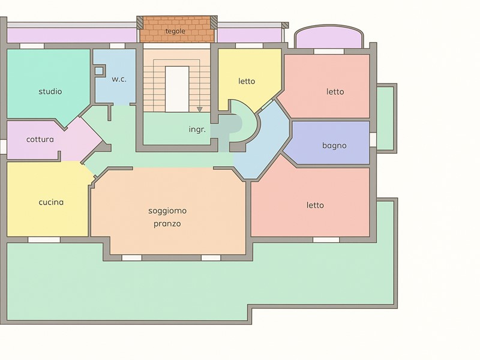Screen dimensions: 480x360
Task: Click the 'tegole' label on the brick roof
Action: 175,31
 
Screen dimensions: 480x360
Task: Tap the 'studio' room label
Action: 50,92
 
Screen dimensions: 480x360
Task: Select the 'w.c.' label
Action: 119,79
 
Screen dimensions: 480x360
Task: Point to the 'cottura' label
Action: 40,140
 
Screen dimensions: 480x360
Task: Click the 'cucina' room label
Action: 51,202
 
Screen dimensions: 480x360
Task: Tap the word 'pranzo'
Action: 167,224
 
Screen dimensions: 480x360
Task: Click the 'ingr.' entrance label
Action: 197,130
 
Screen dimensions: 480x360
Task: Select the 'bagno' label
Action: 334,146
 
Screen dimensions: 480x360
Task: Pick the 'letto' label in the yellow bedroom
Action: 247,82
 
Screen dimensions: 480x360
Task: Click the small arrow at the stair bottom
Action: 200,109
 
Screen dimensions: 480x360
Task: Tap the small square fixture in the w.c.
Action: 99,71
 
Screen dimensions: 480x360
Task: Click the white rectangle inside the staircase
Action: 177,89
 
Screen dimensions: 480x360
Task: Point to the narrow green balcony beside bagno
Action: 385,118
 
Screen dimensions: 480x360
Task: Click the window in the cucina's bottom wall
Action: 44,239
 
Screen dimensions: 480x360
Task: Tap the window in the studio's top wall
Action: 32,46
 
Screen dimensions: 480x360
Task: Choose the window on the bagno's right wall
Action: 373,140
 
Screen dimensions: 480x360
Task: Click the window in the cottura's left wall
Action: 3,146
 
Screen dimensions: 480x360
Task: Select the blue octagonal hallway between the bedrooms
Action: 262,140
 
